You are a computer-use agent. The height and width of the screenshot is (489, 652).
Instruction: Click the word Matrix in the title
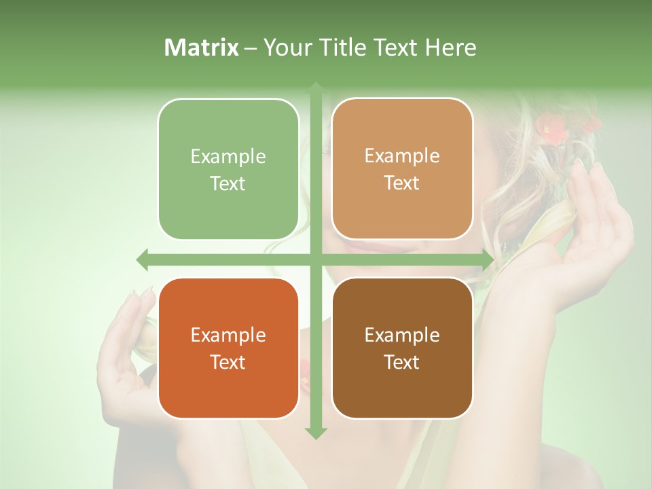tap(202, 48)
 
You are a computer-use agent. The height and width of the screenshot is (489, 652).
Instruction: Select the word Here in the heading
tap(450, 48)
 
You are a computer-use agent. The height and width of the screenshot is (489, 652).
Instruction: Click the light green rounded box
tap(228, 169)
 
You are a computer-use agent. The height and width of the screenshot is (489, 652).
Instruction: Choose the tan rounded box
tap(402, 168)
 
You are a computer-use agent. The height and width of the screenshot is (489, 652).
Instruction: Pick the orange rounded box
tap(228, 348)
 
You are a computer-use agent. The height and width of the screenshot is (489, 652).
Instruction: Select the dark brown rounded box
tap(402, 348)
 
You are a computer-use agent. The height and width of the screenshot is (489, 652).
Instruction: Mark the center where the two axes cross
tap(316, 259)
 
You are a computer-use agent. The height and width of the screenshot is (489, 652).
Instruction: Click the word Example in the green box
tap(228, 157)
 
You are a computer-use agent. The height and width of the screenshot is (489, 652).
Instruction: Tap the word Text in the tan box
tap(402, 183)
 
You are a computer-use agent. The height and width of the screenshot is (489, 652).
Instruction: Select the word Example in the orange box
tap(228, 336)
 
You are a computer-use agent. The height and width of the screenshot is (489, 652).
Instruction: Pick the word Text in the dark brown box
tap(402, 362)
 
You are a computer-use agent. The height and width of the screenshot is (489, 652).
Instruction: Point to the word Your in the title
tap(285, 48)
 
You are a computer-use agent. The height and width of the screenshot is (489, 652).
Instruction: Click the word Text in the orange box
tap(228, 362)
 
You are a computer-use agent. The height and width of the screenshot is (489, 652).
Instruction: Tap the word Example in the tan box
tap(402, 156)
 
